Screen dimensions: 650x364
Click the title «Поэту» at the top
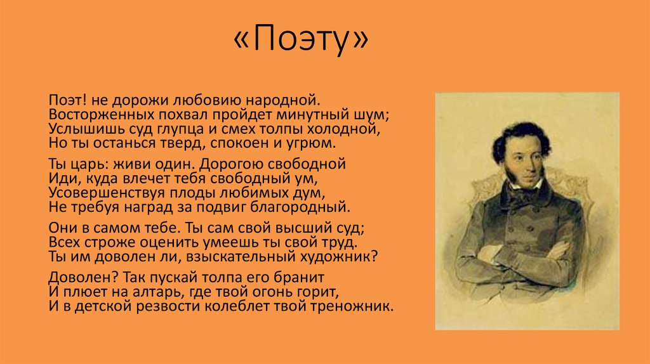pyautogui.click(x=301, y=39)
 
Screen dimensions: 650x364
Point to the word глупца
pyautogui.click(x=180, y=129)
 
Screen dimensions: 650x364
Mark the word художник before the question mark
pyautogui.click(x=343, y=257)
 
